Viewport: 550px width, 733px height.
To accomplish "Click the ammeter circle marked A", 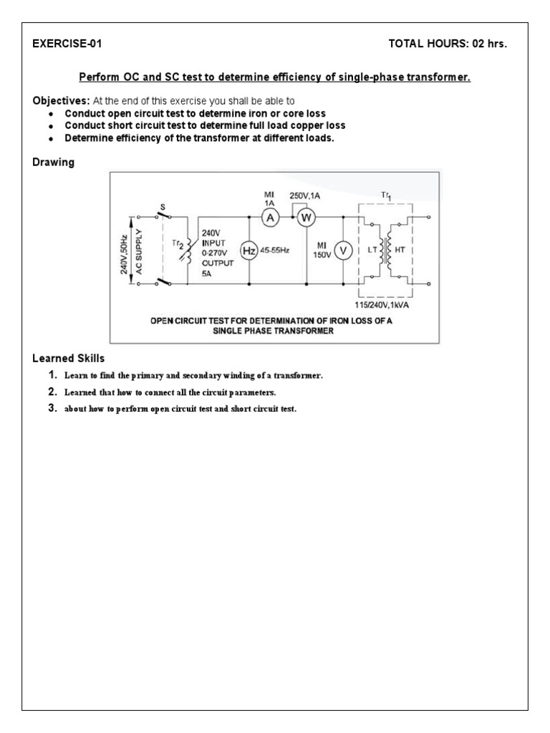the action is pyautogui.click(x=269, y=220).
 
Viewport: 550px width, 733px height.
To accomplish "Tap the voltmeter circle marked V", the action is pyautogui.click(x=342, y=250).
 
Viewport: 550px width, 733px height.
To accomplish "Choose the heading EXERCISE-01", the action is pyautogui.click(x=67, y=44).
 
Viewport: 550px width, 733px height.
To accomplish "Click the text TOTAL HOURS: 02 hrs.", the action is pyautogui.click(x=447, y=44).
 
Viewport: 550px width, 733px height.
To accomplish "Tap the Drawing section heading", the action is pyautogui.click(x=53, y=162).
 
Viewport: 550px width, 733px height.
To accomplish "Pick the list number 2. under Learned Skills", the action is pyautogui.click(x=52, y=392).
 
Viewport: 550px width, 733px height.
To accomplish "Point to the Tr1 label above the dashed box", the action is pyautogui.click(x=387, y=195).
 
